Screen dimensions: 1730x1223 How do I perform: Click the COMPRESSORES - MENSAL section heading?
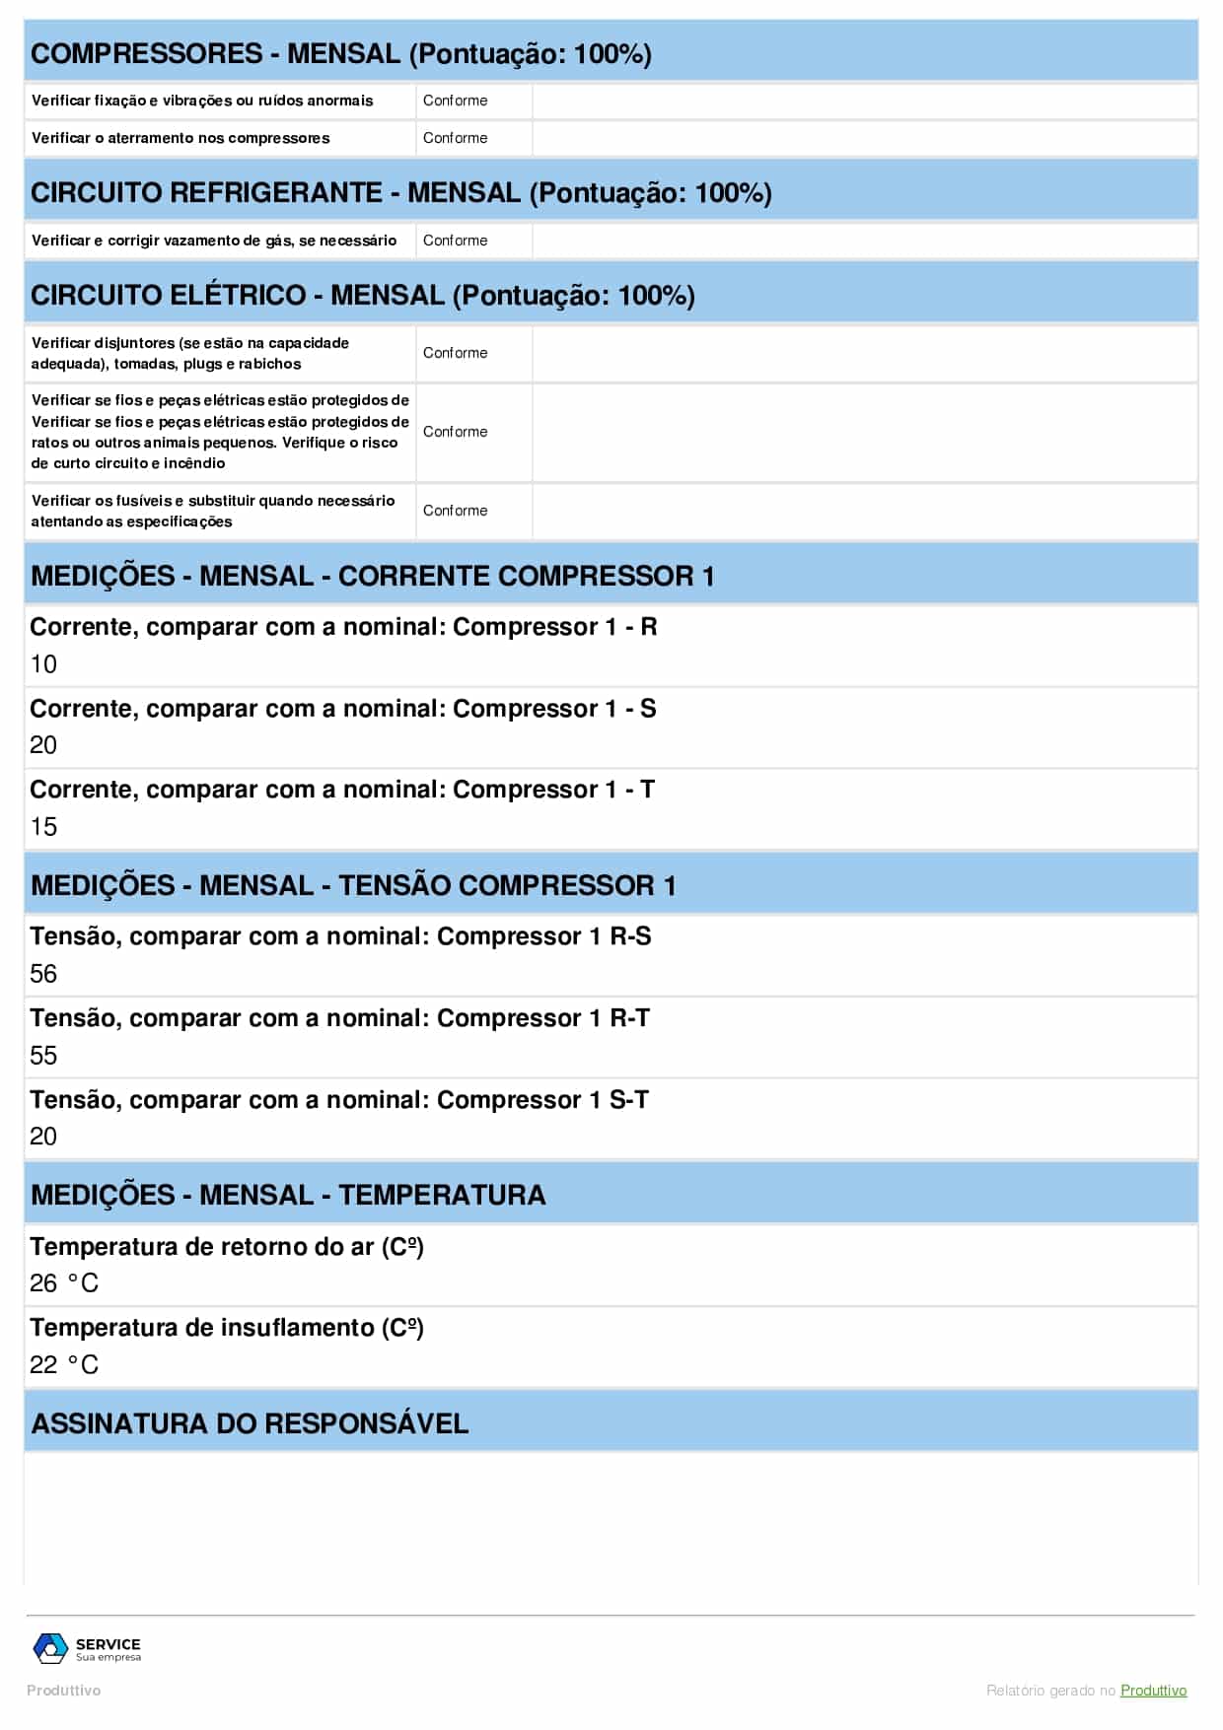(340, 53)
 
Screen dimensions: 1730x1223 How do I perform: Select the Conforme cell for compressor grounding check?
(455, 138)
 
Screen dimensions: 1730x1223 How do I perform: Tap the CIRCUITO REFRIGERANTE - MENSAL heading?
(400, 192)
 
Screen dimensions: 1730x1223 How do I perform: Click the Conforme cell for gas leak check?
(455, 241)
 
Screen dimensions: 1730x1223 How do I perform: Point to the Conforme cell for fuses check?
(455, 511)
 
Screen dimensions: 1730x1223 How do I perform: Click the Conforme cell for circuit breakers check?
(455, 353)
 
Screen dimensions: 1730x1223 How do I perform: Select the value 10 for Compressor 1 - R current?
(43, 664)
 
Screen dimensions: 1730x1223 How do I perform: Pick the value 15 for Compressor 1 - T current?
(43, 827)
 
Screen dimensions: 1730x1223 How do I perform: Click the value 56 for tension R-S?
(43, 974)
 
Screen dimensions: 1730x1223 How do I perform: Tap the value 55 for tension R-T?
(43, 1056)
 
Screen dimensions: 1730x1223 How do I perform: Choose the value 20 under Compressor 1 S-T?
(43, 1137)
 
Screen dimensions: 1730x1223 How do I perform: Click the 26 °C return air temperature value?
(64, 1283)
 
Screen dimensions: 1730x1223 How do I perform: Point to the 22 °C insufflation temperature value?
(64, 1365)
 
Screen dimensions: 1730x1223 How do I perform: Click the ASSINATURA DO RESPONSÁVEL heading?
(250, 1423)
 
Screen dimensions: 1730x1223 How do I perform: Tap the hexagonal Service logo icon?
(50, 1648)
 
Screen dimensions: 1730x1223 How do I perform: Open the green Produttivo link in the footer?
(1153, 1691)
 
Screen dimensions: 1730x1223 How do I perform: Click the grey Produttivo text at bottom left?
(63, 1691)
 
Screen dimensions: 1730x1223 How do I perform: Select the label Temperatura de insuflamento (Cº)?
(227, 1328)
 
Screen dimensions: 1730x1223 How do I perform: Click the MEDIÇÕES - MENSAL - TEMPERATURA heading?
(288, 1195)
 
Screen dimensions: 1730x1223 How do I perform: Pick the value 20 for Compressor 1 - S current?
(43, 745)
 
